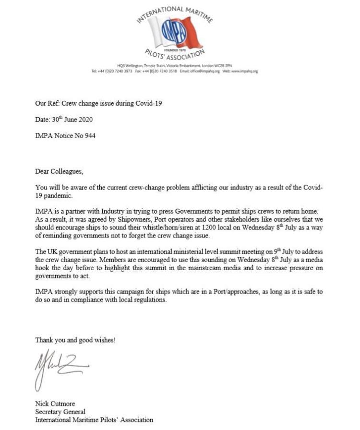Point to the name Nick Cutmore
click(55, 404)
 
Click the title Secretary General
click(60, 412)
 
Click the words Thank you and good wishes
click(75, 340)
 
